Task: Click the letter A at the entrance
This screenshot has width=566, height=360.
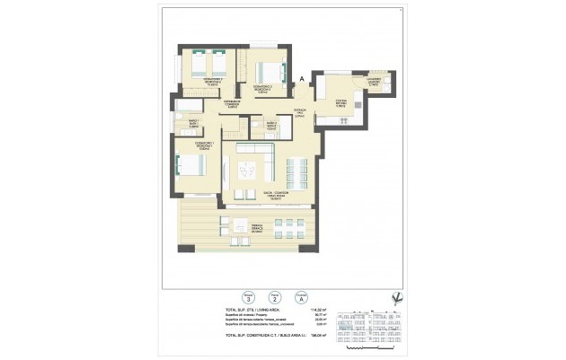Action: pos(302,80)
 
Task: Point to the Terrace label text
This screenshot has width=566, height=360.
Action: pos(256,230)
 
